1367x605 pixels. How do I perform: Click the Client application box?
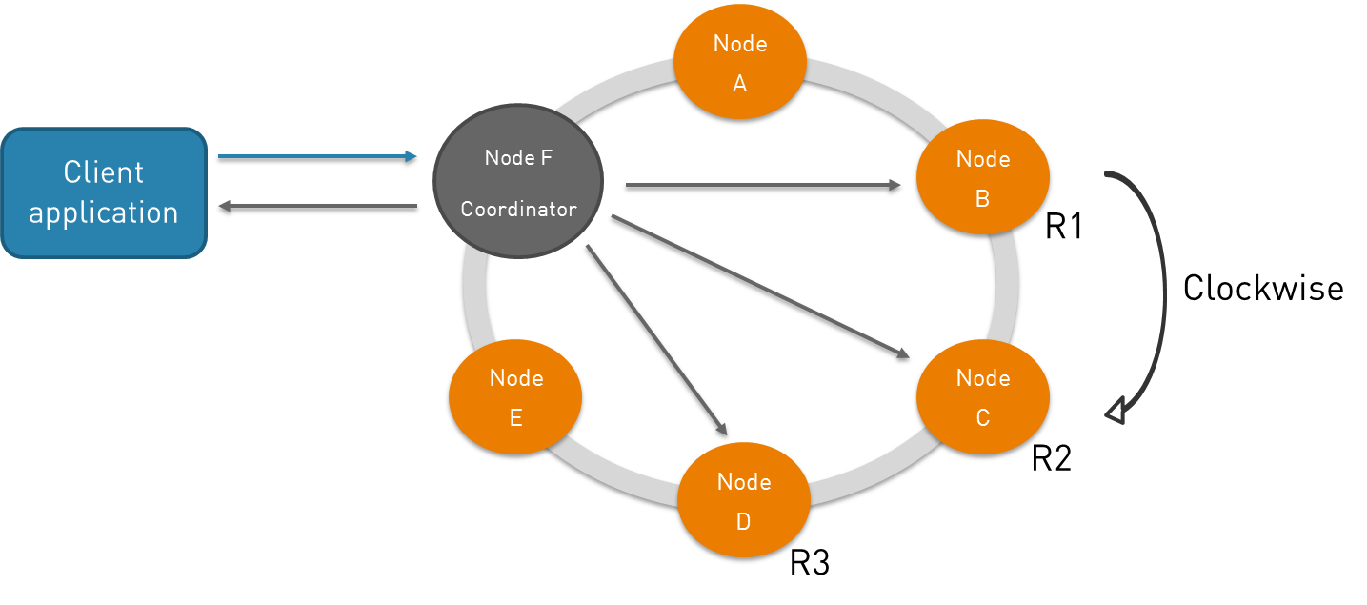[104, 193]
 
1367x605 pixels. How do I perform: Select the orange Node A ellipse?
[740, 62]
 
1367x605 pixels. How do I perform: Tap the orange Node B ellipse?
[982, 177]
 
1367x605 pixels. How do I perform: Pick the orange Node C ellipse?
[982, 396]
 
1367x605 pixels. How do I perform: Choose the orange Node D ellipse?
[744, 500]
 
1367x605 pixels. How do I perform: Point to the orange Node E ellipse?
[515, 396]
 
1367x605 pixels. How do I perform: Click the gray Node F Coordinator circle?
[518, 181]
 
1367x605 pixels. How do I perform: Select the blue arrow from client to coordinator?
[317, 156]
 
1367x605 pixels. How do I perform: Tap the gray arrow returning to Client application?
[317, 205]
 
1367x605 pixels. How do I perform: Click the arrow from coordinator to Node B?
[762, 185]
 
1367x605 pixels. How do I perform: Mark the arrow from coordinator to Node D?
[657, 340]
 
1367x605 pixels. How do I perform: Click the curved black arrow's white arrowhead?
[1116, 413]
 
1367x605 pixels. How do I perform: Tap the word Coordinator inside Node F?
[518, 210]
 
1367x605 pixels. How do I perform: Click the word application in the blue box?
[104, 212]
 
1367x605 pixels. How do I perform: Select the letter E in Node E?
[515, 418]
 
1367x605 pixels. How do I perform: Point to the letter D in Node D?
[743, 522]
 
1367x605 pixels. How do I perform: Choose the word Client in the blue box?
[104, 172]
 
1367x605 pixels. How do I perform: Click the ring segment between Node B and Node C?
[1006, 286]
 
